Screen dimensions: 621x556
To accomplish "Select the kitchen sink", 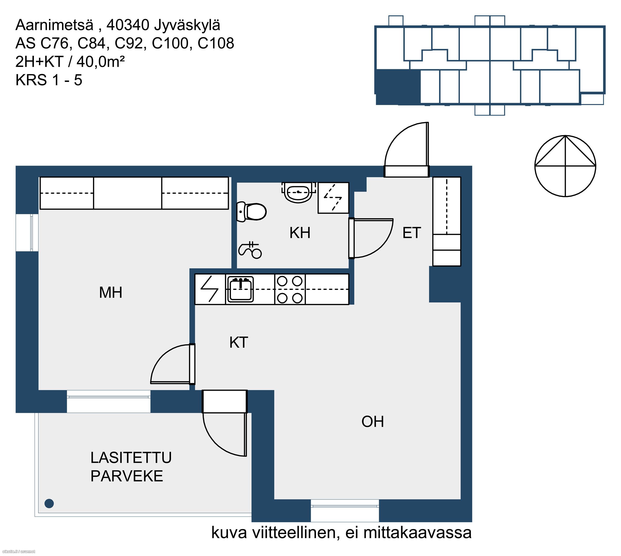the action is tap(241, 289).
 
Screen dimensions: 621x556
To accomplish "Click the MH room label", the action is tap(110, 292).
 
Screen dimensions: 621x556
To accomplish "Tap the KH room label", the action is tap(300, 233).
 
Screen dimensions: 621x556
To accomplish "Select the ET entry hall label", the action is tap(412, 233).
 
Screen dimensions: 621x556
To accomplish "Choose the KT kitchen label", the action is tap(239, 342).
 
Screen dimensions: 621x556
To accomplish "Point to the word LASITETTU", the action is tap(131, 458).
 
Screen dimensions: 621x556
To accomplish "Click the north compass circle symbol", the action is tap(565, 166).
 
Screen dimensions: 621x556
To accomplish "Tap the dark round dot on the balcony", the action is tap(49, 503).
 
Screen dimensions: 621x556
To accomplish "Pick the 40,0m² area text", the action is tap(100, 62).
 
